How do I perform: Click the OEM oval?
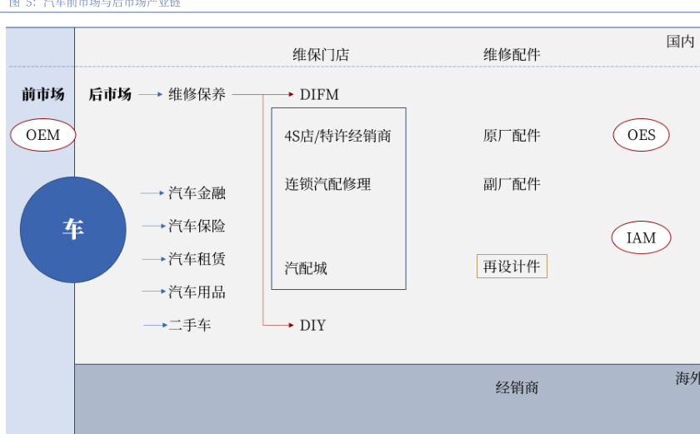[43, 135]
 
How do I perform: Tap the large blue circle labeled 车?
[73, 229]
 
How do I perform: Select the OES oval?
[641, 135]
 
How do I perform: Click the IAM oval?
[641, 237]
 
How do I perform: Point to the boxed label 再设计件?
[512, 267]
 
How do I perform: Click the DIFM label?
[319, 94]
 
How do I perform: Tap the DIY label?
[312, 325]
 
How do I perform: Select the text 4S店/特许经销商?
[337, 136]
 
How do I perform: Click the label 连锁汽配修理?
[327, 184]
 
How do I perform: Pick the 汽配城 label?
[306, 268]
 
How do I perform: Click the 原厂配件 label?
[512, 136]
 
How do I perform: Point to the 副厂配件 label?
[512, 184]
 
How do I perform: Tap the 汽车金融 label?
[197, 193]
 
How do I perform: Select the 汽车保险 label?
[197, 226]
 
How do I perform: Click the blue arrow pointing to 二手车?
[154, 325]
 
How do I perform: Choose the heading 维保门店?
[321, 55]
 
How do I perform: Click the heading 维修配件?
[512, 55]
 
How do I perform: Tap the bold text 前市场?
[43, 94]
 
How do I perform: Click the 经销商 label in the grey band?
[517, 387]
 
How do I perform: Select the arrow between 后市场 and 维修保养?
[150, 94]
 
